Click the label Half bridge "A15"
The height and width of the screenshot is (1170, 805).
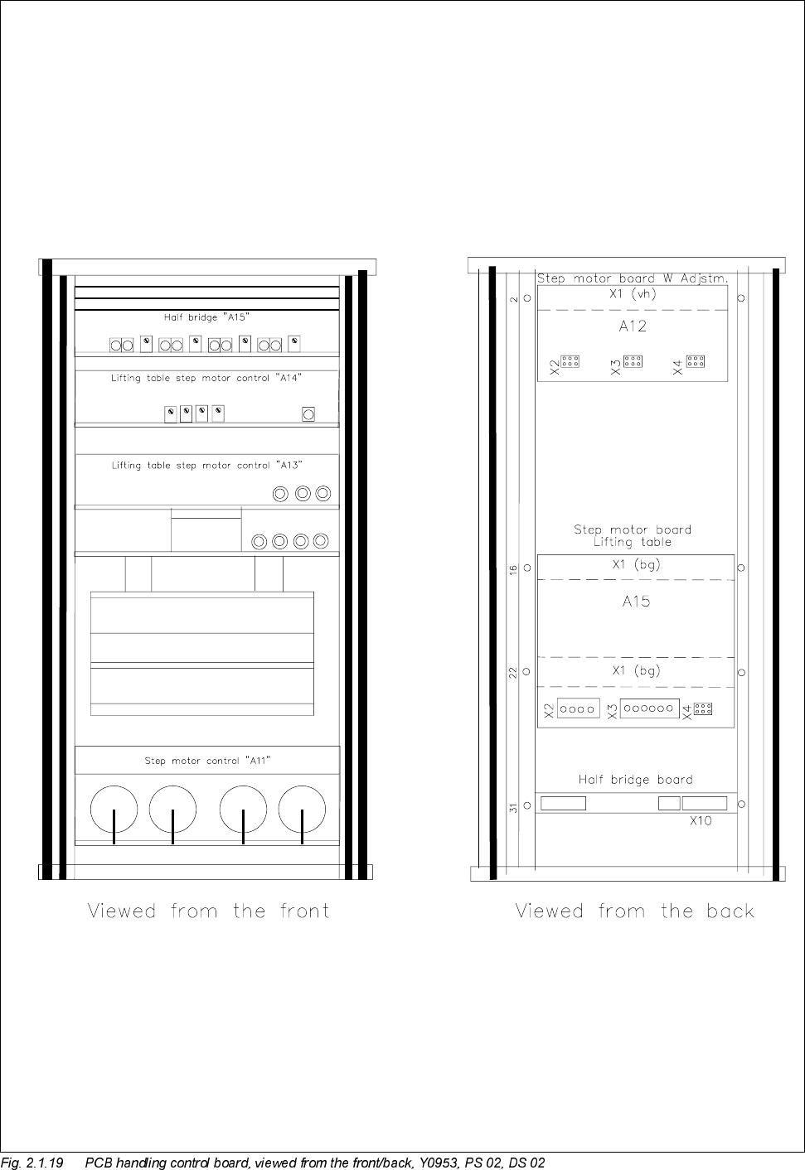[206, 317]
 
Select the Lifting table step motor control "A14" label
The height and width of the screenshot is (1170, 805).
[206, 378]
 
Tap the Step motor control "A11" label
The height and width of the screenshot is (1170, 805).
[207, 760]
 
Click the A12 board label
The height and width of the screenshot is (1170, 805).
[633, 326]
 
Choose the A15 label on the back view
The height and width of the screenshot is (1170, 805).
[636, 602]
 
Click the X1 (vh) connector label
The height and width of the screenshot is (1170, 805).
[633, 293]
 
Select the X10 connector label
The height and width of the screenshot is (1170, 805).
[701, 821]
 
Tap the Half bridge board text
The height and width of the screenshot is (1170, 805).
[635, 780]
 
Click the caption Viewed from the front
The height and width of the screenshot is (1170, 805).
[209, 911]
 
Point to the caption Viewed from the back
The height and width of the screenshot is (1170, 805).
[635, 911]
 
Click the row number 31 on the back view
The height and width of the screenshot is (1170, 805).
[514, 807]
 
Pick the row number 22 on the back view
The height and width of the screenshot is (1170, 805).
[514, 673]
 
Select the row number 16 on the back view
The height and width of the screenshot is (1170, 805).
[514, 570]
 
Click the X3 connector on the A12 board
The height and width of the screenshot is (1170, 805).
[633, 361]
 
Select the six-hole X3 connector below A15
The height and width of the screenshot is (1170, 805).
[650, 709]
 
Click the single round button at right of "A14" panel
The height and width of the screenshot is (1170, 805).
[308, 414]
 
